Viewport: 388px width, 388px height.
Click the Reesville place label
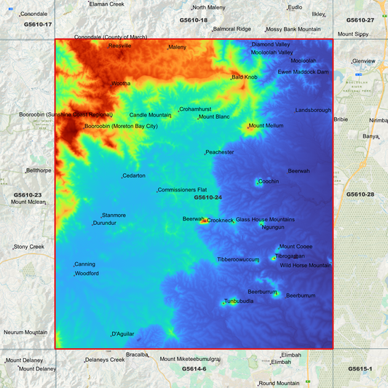(120, 46)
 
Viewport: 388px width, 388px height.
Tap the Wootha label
(122, 84)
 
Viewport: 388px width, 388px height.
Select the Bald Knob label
(245, 76)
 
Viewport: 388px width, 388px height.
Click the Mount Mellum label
(266, 126)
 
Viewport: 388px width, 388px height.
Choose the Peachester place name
(220, 152)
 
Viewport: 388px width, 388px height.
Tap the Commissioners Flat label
(183, 190)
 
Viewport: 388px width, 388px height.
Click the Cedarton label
(134, 176)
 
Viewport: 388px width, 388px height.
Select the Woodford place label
(87, 274)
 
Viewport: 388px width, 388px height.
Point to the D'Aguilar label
(123, 334)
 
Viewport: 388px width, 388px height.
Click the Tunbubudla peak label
(239, 301)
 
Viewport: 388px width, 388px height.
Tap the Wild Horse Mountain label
(306, 266)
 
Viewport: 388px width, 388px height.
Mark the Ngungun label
(273, 227)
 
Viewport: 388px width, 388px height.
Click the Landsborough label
(313, 110)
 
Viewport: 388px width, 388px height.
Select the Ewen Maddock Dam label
(304, 72)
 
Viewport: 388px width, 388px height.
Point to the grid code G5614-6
(194, 369)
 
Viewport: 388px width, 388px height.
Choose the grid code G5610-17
(38, 24)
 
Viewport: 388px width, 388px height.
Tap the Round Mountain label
(279, 383)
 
